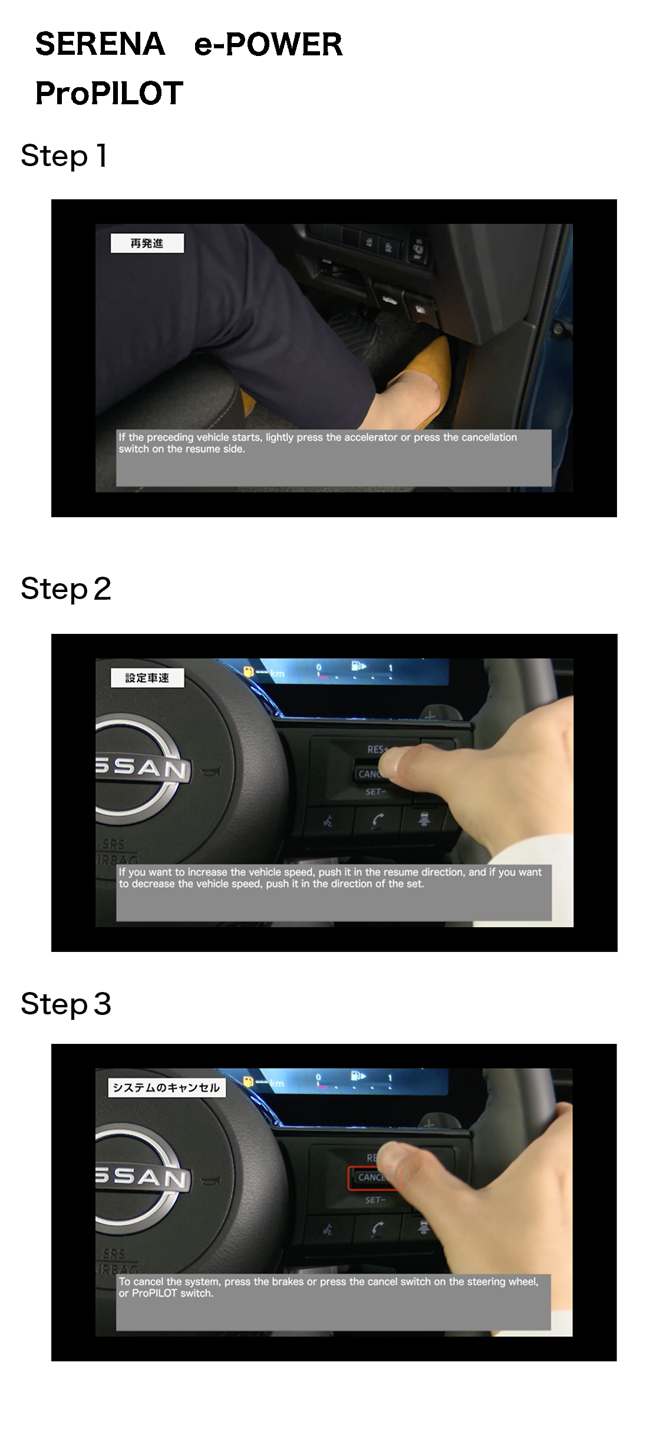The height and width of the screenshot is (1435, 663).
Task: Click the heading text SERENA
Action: (x=100, y=44)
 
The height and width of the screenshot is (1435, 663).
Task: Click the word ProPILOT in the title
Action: (x=110, y=93)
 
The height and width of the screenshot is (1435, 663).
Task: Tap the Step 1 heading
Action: (x=64, y=156)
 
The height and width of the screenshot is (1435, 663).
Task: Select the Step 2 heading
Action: (x=65, y=589)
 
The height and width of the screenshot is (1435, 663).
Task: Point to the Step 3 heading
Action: (x=65, y=1004)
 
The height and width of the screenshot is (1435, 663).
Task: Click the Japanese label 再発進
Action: (x=147, y=243)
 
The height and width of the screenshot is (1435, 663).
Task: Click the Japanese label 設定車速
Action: (x=147, y=678)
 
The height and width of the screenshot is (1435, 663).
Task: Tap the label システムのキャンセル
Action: (x=166, y=1087)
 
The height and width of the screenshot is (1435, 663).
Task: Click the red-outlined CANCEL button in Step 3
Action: (x=372, y=1178)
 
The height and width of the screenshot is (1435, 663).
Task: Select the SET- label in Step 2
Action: (x=375, y=792)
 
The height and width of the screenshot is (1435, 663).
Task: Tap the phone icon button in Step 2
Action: (x=378, y=821)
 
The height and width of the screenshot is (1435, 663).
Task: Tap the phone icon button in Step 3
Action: (x=378, y=1229)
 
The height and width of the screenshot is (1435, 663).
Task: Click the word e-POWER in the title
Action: (x=269, y=44)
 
